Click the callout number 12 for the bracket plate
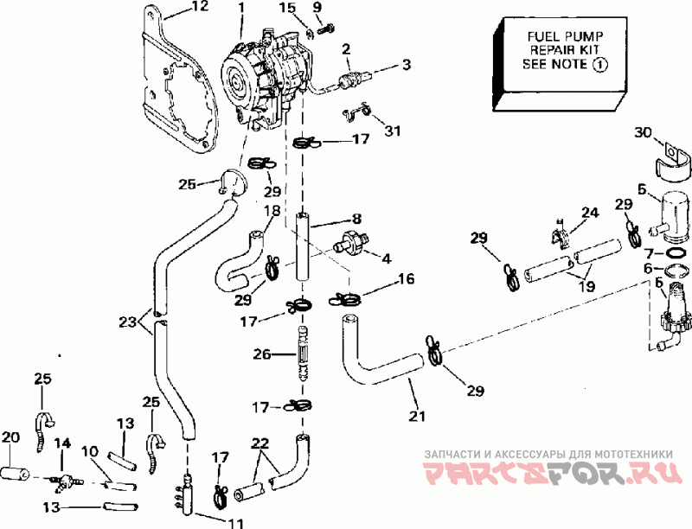(x=200, y=7)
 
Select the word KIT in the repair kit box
(x=588, y=50)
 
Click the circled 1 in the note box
(x=599, y=65)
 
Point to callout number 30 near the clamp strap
(x=643, y=131)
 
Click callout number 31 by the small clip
(x=393, y=131)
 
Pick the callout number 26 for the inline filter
(x=262, y=354)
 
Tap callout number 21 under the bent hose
(x=417, y=415)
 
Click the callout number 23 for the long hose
(x=127, y=322)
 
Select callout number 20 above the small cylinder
(x=10, y=437)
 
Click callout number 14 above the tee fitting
(x=62, y=443)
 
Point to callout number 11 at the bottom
(x=235, y=523)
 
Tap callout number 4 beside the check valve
(x=387, y=258)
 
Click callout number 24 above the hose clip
(x=590, y=212)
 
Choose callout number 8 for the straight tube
(x=356, y=219)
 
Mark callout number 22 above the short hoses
(x=260, y=443)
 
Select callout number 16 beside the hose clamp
(x=407, y=278)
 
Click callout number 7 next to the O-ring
(x=649, y=253)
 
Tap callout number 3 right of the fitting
(x=407, y=64)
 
